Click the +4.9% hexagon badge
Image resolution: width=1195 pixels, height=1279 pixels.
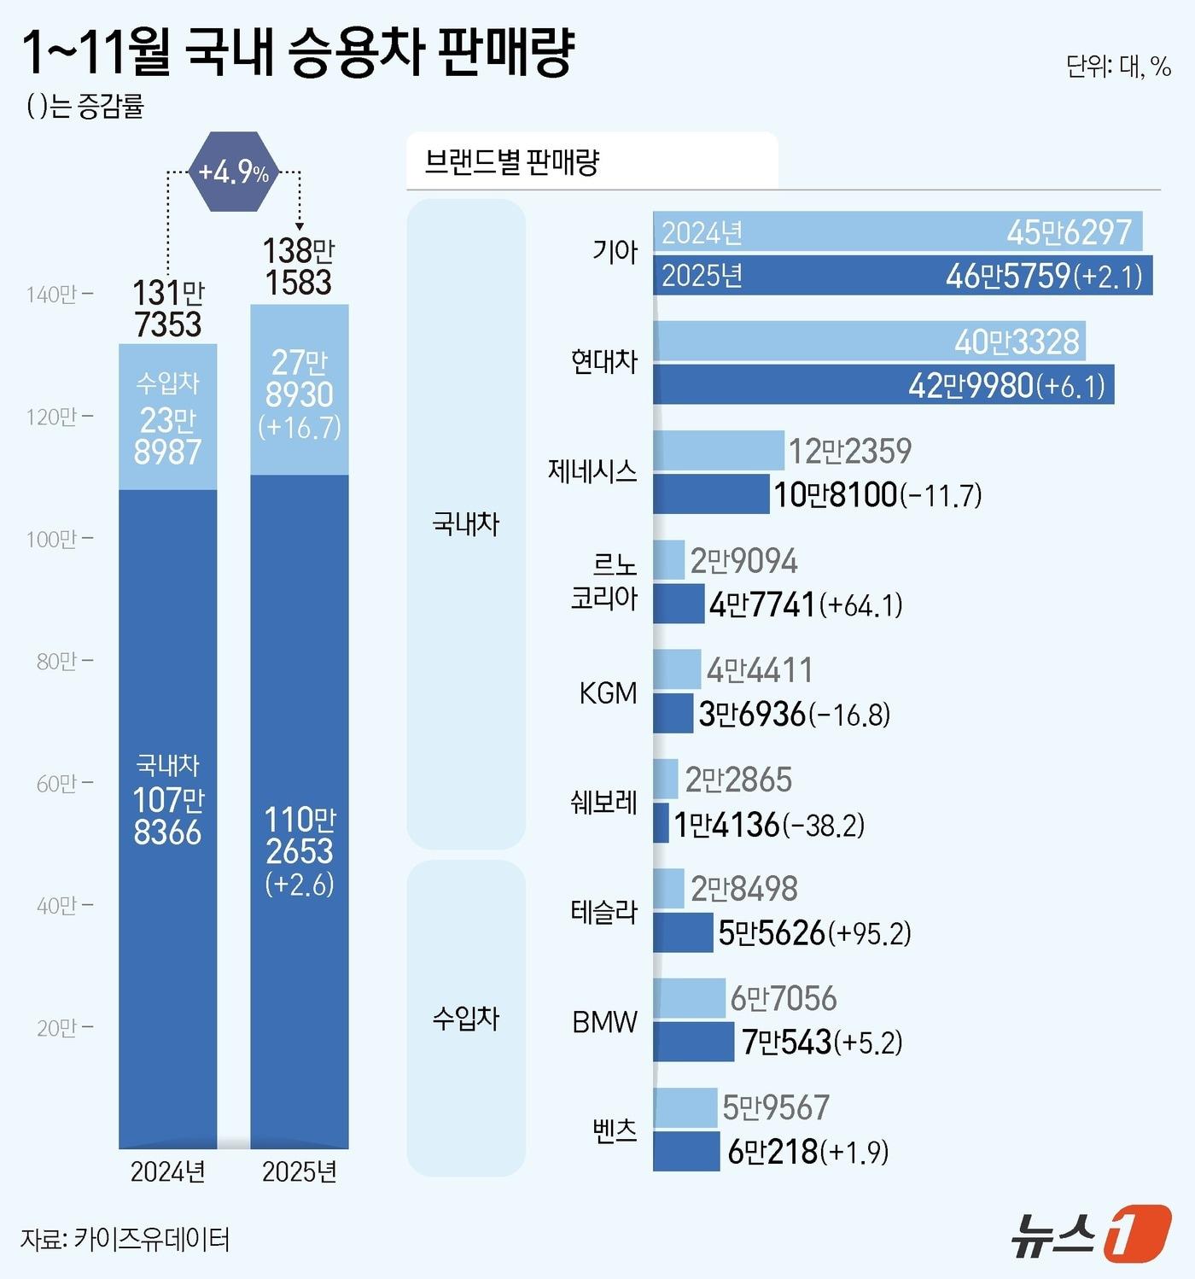pyautogui.click(x=233, y=172)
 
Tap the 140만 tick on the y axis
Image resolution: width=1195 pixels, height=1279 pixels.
pyautogui.click(x=58, y=295)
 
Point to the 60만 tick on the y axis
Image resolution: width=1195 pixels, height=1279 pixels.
pyautogui.click(x=58, y=784)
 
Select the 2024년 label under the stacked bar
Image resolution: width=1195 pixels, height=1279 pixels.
pyautogui.click(x=167, y=1171)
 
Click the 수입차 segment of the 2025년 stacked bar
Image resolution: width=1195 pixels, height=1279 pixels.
pyautogui.click(x=299, y=390)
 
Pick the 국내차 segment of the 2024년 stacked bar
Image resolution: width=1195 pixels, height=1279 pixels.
pyautogui.click(x=167, y=818)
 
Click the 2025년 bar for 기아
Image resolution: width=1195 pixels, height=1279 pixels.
pyautogui.click(x=902, y=276)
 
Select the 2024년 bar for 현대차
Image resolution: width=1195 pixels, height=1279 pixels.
pyautogui.click(x=869, y=342)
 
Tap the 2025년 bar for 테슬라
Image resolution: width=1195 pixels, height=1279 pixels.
pyautogui.click(x=682, y=932)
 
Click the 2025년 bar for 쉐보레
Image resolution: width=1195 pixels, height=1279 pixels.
pyautogui.click(x=661, y=824)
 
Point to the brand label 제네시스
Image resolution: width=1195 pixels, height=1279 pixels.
pyautogui.click(x=592, y=471)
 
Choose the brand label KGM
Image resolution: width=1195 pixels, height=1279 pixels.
pyautogui.click(x=608, y=692)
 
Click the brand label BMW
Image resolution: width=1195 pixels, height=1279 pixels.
pyautogui.click(x=604, y=1021)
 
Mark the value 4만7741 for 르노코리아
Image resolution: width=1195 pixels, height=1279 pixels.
pyautogui.click(x=762, y=604)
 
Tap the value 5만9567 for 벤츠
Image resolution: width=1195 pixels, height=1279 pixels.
pyautogui.click(x=776, y=1107)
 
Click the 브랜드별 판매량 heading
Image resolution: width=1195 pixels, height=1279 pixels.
pyautogui.click(x=512, y=161)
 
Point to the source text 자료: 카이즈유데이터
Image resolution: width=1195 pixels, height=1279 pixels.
pyautogui.click(x=125, y=1239)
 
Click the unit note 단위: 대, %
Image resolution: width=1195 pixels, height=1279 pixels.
pyautogui.click(x=1117, y=67)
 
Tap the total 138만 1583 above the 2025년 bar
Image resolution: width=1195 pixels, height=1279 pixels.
pyautogui.click(x=298, y=266)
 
